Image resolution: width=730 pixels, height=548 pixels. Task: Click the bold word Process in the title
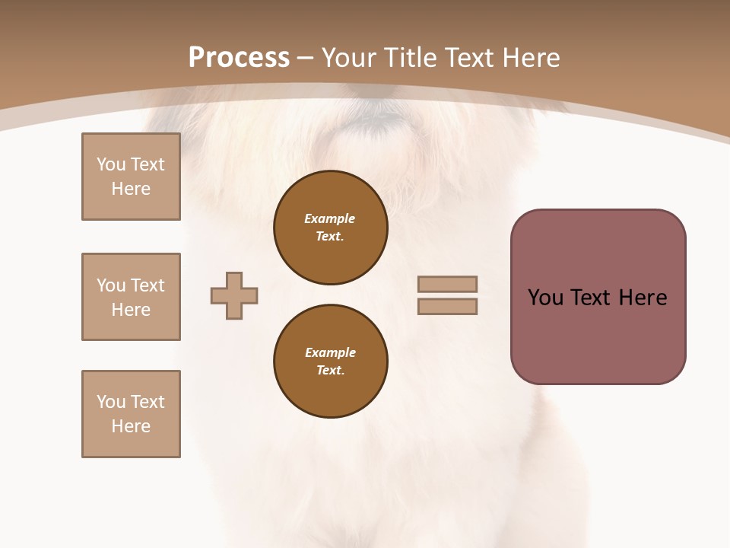(239, 58)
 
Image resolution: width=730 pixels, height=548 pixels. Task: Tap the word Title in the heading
(408, 58)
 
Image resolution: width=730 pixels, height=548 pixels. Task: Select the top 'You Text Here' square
(131, 177)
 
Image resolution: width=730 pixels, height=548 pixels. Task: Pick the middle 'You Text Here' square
(131, 297)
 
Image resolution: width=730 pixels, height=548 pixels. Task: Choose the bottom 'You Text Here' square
(131, 414)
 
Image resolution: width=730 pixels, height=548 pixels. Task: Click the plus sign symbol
(234, 295)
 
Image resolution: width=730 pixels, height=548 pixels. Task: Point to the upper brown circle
(330, 227)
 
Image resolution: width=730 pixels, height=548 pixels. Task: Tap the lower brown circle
(330, 361)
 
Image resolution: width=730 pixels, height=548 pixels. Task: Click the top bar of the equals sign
(447, 284)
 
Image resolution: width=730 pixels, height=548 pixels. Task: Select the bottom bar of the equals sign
(447, 307)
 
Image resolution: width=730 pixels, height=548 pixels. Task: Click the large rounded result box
(598, 297)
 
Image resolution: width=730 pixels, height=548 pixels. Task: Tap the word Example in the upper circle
(329, 218)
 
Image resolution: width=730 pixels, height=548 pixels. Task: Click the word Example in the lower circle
(330, 352)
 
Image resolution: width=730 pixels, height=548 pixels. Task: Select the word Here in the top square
(131, 189)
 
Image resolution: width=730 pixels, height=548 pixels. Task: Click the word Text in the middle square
(147, 285)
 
